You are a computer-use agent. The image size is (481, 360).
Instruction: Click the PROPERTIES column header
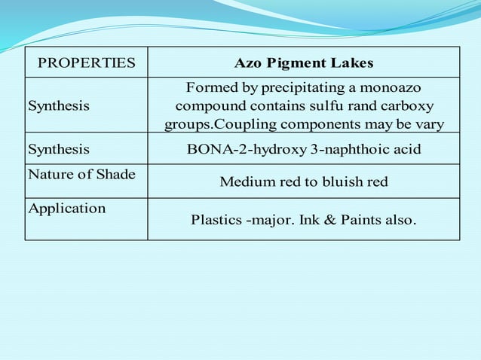87,63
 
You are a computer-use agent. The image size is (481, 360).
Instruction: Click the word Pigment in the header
290,63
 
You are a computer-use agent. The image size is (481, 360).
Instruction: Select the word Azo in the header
247,63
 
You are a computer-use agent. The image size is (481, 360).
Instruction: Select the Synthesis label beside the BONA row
59,149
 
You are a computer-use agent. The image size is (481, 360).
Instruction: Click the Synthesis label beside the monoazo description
59,105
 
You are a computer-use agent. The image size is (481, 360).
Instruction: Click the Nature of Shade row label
81,175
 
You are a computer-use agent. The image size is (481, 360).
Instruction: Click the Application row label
67,209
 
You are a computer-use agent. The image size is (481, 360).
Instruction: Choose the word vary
430,124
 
